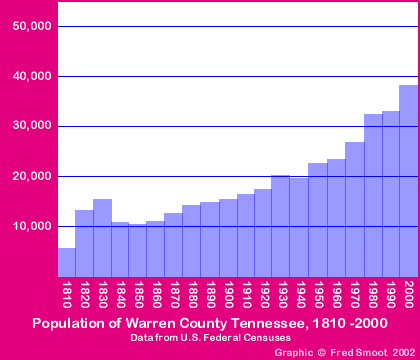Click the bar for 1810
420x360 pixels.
coord(66,262)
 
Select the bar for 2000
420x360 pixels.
coord(408,180)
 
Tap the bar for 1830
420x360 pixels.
coord(102,238)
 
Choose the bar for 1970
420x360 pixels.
coord(354,209)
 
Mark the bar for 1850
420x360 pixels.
coord(138,250)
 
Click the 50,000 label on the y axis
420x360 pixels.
coord(32,26)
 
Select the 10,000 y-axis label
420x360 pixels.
coord(32,226)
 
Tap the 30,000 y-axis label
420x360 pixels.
coord(32,126)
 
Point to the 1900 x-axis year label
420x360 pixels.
coord(228,296)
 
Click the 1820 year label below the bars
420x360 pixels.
coord(84,296)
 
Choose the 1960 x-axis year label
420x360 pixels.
coord(336,296)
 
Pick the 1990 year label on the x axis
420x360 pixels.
coord(390,296)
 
